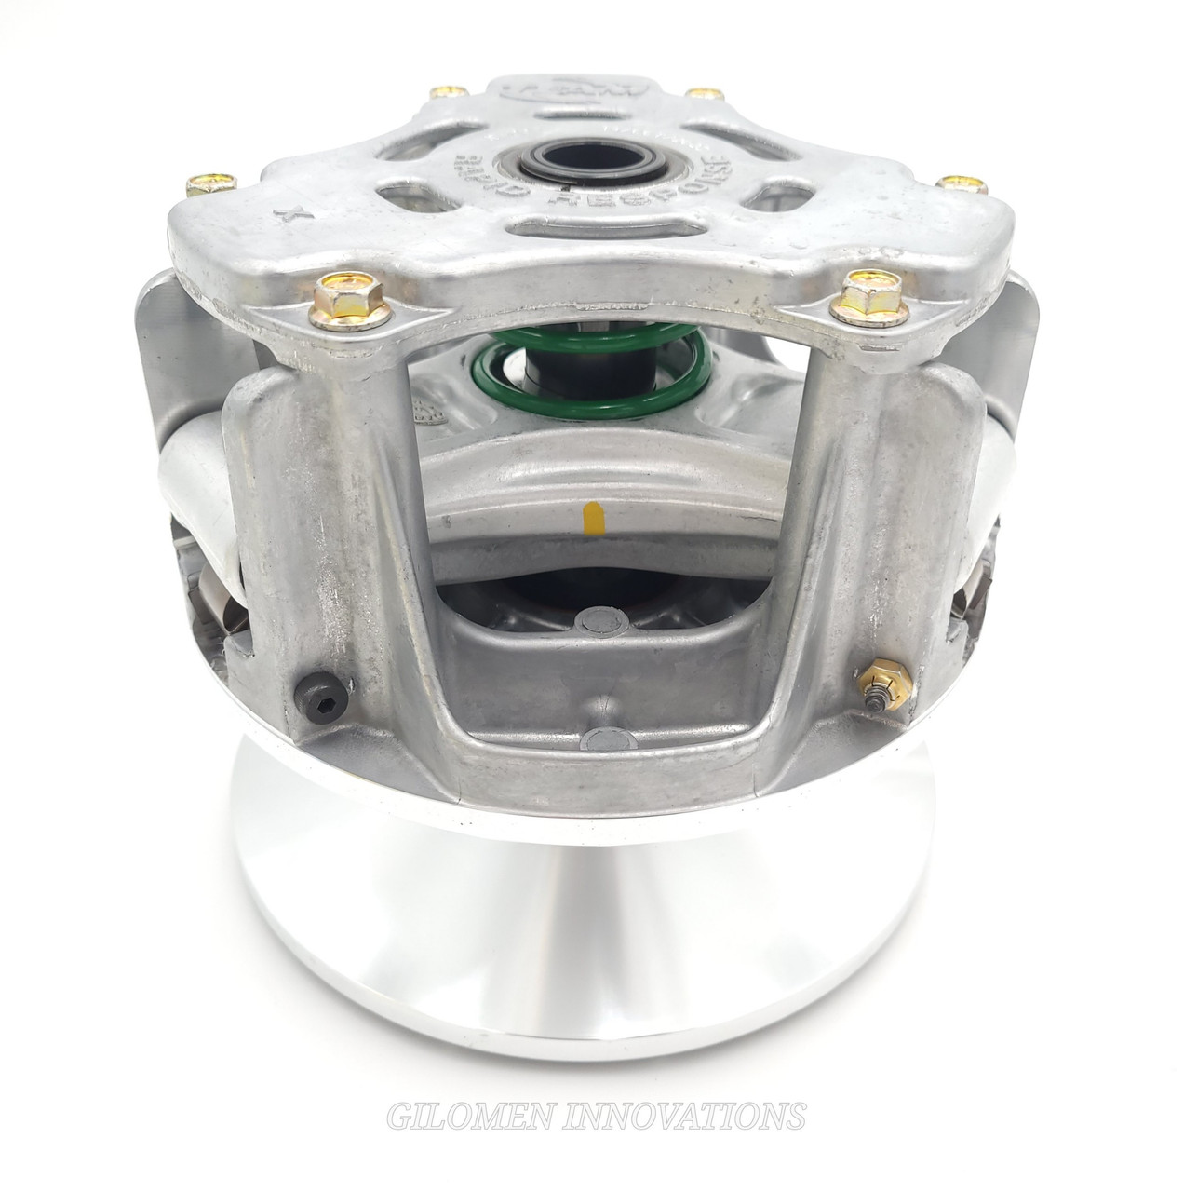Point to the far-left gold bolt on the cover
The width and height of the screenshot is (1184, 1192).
[197, 183]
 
